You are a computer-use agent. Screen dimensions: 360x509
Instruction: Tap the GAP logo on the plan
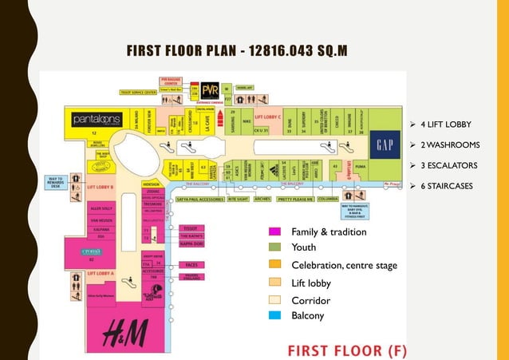pyautogui.click(x=385, y=145)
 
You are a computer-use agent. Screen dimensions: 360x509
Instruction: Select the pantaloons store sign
pyautogui.click(x=97, y=119)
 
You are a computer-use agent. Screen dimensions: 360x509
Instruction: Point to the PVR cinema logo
pyautogui.click(x=210, y=89)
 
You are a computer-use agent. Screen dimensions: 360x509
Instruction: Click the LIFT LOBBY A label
pyautogui.click(x=101, y=273)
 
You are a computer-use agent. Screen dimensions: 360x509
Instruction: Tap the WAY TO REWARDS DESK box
pyautogui.click(x=57, y=181)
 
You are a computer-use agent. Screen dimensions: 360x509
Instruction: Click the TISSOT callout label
pyautogui.click(x=191, y=227)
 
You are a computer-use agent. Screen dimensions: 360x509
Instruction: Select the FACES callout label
pyautogui.click(x=191, y=263)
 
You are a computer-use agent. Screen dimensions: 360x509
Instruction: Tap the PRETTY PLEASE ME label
pyautogui.click(x=294, y=200)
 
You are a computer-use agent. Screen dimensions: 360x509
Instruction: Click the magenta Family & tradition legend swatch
pyautogui.click(x=274, y=231)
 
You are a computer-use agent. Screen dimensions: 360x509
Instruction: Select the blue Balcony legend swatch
pyautogui.click(x=274, y=316)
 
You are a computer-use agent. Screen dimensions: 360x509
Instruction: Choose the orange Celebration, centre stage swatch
pyautogui.click(x=274, y=265)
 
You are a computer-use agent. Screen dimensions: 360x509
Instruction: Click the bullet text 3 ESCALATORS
pyautogui.click(x=448, y=166)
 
